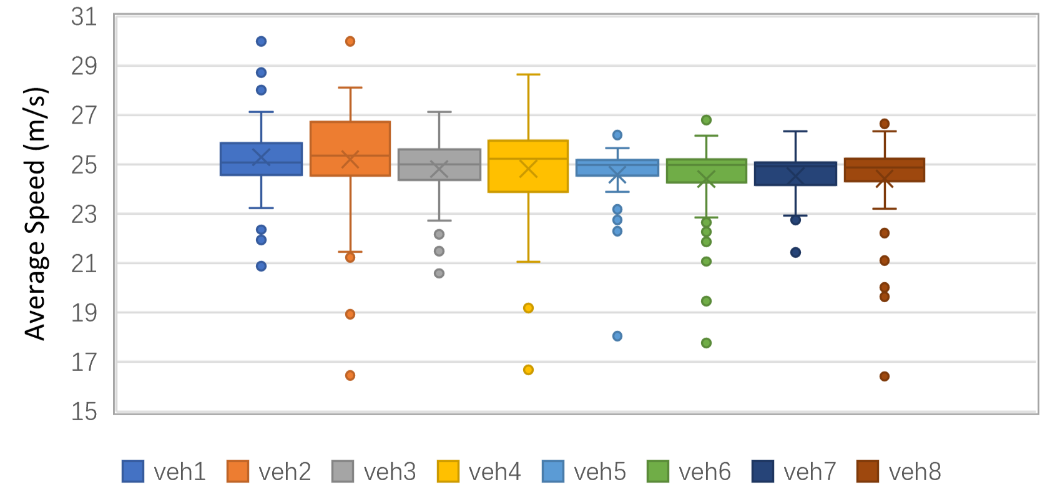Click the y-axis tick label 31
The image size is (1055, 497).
tap(84, 17)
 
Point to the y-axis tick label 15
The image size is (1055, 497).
tap(84, 411)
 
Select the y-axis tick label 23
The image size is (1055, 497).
tap(84, 214)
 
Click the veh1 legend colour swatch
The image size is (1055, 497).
tap(133, 471)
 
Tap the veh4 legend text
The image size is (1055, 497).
tap(494, 471)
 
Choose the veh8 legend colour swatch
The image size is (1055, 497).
tap(868, 471)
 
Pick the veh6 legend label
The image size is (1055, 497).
tap(705, 471)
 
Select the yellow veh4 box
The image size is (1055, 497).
tap(528, 181)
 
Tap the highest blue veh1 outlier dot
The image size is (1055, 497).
tap(261, 41)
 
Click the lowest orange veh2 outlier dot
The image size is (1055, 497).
tap(350, 375)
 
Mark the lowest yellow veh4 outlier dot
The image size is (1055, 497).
tap(528, 370)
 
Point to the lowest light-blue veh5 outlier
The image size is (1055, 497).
tap(617, 336)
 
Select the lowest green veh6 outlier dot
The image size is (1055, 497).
tap(706, 343)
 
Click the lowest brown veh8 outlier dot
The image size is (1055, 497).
tap(885, 376)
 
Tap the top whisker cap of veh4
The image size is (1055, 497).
tap(528, 74)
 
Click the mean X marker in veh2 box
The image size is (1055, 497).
tap(350, 159)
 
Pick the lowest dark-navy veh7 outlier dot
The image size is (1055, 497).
tap(795, 252)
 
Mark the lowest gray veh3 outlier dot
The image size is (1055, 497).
tap(439, 273)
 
